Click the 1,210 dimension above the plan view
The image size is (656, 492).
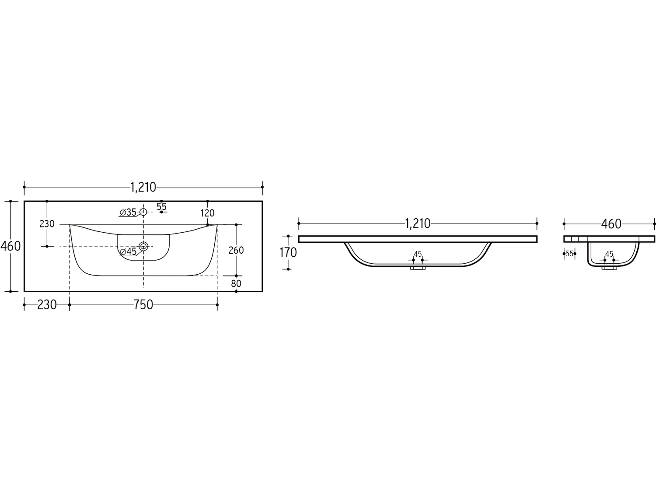143,187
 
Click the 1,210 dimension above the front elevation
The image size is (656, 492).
418,223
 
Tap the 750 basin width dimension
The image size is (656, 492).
143,305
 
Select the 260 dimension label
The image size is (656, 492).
236,250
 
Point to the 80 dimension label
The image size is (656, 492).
236,283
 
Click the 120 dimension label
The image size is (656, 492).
207,213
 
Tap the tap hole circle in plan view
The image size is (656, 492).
143,212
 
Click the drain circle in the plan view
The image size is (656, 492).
143,246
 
